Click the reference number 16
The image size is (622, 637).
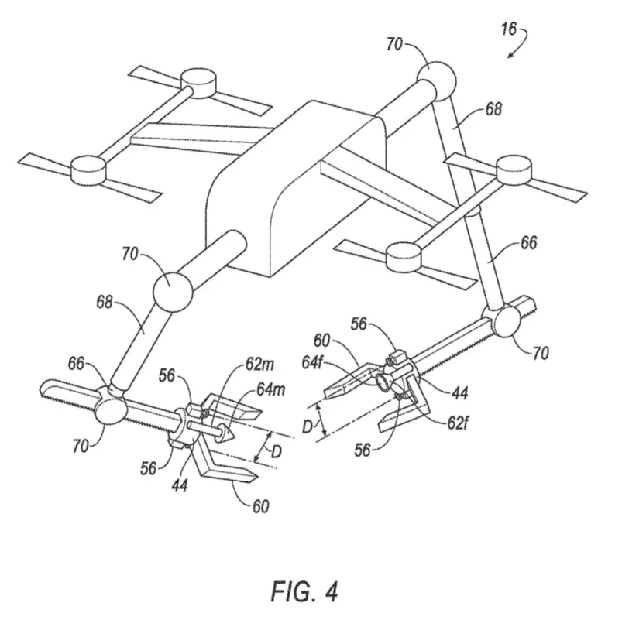pos(509,29)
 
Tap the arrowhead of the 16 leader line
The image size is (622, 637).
pos(510,55)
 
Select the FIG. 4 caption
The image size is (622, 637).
pos(304,591)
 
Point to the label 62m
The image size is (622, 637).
pos(259,364)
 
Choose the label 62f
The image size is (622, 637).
pos(458,423)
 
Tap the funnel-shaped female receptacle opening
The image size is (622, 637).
pos(383,382)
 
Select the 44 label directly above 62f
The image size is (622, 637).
pos(460,393)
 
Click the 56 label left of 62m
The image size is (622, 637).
pos(167,376)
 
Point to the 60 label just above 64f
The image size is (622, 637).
pos(322,341)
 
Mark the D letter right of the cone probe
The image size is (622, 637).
pos(276,451)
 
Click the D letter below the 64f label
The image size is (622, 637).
pos(308,427)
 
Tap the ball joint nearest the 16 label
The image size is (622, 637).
pos(437,80)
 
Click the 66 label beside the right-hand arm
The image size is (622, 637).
pos(528,242)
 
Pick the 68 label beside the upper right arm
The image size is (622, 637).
pos(493,109)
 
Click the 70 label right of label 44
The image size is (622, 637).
pos(541,353)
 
